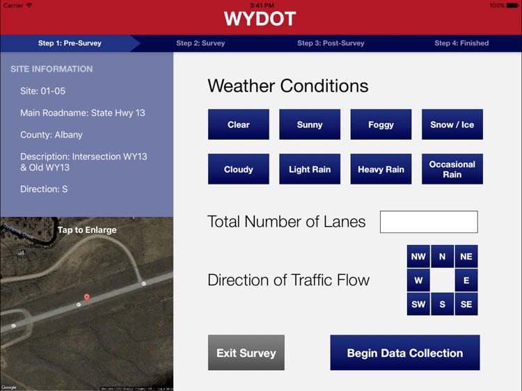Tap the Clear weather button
coord(238,125)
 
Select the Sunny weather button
coord(310,125)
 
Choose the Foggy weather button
coord(381,125)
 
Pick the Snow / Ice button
coord(452,125)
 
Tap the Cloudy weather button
coord(238,169)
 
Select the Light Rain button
coord(310,169)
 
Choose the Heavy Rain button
coord(381,169)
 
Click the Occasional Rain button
coord(452,169)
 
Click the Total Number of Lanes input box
coord(429,222)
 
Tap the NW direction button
coord(418,257)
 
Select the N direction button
coord(443,257)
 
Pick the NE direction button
coord(466,257)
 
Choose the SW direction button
coord(418,304)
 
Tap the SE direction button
coord(466,304)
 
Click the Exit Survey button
coord(246,353)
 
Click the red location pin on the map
coord(86,298)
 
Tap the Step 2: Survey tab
coord(200,43)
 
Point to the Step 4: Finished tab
coord(461,43)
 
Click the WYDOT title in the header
coord(260,19)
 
